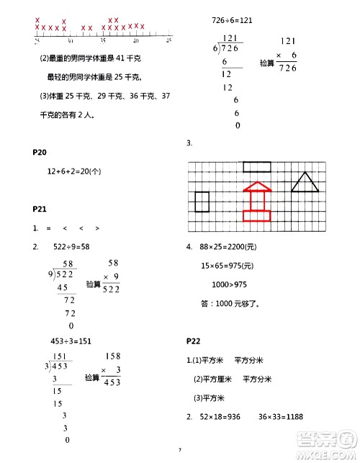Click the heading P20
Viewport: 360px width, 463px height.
(40, 153)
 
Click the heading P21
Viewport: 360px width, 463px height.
(40, 209)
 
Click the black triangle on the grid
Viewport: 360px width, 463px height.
(305, 182)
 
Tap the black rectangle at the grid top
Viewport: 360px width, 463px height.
(257, 167)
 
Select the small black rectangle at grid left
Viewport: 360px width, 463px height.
(202, 202)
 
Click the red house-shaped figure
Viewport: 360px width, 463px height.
(257, 203)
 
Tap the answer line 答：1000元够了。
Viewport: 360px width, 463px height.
(230, 303)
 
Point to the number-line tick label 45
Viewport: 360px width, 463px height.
(169, 40)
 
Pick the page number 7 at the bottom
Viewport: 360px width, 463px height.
(180, 450)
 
